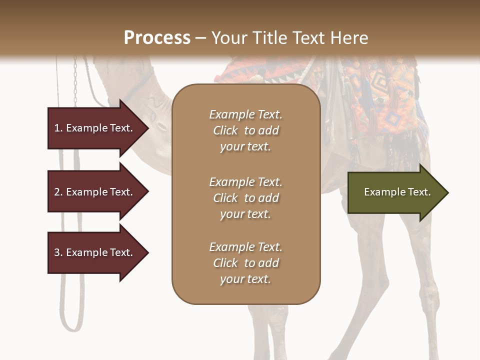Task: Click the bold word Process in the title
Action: click(x=157, y=37)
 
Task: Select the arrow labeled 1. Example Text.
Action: click(x=95, y=128)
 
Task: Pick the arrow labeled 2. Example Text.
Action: click(x=95, y=192)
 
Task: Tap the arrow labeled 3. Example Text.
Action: click(x=95, y=252)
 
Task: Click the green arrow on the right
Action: click(x=395, y=192)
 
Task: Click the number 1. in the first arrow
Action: click(x=58, y=128)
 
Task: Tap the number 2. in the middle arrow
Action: click(x=58, y=192)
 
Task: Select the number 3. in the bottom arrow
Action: click(x=58, y=252)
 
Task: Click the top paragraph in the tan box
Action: click(x=245, y=130)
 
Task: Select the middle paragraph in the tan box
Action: click(x=245, y=198)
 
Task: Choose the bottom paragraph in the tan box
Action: click(x=245, y=263)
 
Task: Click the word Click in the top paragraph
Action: click(x=225, y=130)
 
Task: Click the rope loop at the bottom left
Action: click(x=70, y=315)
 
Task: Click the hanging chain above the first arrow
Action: click(x=75, y=80)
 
